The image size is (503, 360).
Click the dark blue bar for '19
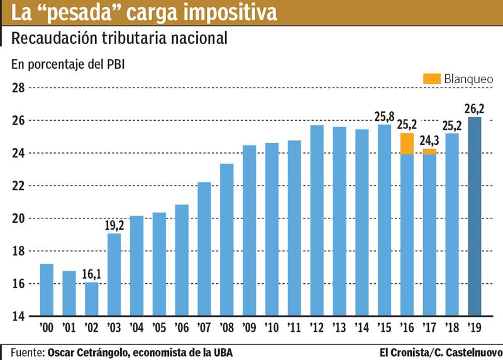tap(475, 217)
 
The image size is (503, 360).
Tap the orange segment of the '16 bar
tap(407, 143)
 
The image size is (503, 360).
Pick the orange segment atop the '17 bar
tap(429, 151)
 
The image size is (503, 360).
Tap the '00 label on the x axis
tap(47, 328)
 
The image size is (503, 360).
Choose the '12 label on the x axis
tap(317, 328)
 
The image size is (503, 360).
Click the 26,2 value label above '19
tap(475, 109)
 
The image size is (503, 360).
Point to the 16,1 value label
tap(92, 274)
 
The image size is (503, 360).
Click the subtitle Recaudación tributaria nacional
tap(119, 38)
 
